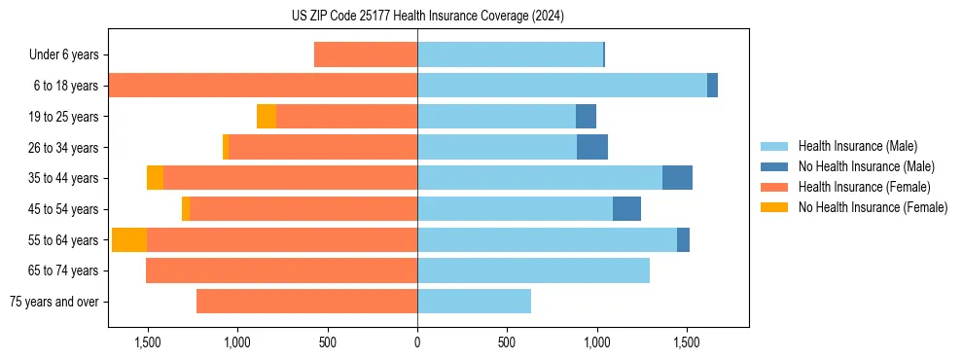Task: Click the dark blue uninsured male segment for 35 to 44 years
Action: [677, 178]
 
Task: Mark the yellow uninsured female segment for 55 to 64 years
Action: [129, 239]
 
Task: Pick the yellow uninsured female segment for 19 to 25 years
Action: [267, 117]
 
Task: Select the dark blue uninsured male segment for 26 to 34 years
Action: [591, 147]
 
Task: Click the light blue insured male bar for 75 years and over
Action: [474, 302]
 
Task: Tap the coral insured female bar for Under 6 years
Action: [366, 55]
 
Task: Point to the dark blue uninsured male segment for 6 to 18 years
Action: [712, 86]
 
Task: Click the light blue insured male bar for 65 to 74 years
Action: [533, 270]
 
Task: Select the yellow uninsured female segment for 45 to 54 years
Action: [186, 209]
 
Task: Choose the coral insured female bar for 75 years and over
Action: [306, 302]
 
